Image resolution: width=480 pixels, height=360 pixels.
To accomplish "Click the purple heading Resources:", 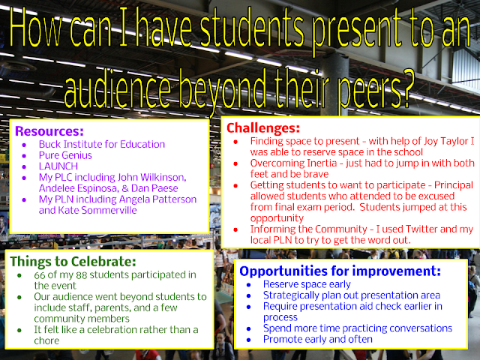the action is (49, 131).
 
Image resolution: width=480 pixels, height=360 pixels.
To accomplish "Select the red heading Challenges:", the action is (263, 128).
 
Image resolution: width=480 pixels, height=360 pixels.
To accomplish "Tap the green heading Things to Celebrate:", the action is (73, 262).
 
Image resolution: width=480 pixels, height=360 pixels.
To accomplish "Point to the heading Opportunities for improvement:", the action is (340, 271).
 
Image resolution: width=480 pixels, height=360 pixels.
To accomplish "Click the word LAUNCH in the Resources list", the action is (58, 166).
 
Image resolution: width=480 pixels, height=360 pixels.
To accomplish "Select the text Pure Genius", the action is (65, 155).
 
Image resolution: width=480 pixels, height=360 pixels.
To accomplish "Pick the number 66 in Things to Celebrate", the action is (40, 275).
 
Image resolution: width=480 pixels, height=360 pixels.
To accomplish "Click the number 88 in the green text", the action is (82, 275).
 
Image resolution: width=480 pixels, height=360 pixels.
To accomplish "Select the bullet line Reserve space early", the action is (307, 284).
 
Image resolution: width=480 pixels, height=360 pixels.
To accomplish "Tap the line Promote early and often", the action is (318, 340).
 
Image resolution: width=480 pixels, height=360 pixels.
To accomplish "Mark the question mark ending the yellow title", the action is (406, 88).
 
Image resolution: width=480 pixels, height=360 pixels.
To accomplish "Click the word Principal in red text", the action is (454, 185).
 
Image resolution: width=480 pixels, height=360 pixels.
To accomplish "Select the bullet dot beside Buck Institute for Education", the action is (24, 145).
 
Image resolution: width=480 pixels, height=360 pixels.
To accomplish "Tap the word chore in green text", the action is (46, 340).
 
